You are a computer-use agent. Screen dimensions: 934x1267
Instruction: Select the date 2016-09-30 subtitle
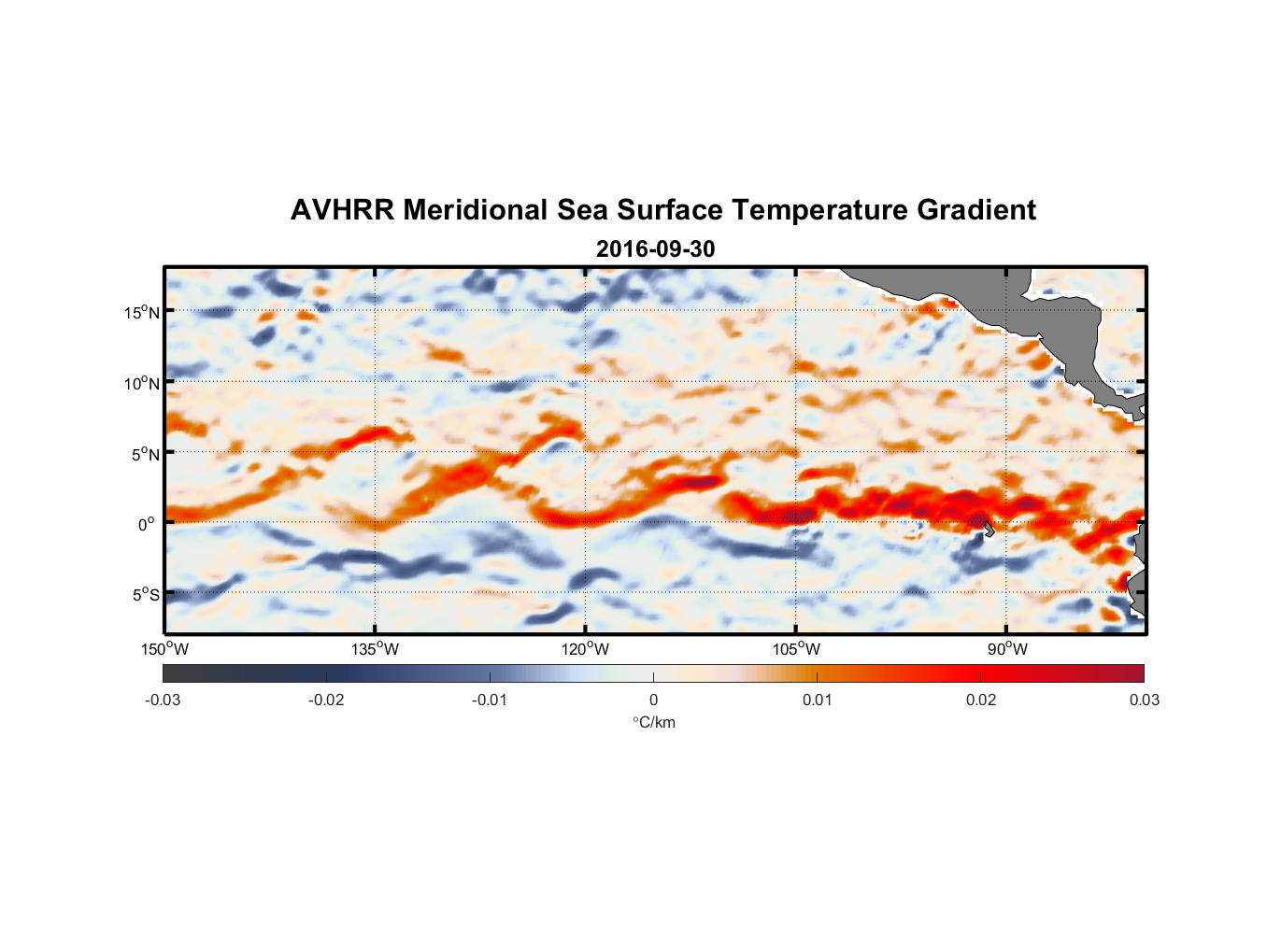click(655, 249)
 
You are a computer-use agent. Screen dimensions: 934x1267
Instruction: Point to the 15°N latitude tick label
click(141, 312)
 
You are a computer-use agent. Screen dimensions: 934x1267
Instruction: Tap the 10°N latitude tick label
click(141, 383)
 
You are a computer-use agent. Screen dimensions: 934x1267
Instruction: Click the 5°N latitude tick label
click(145, 454)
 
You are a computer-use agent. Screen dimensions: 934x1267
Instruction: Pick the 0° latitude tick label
click(147, 524)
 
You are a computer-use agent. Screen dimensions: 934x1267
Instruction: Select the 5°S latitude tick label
click(145, 594)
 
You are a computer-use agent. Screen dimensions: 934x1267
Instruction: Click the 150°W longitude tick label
click(164, 649)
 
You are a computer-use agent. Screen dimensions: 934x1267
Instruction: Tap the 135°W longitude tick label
click(376, 649)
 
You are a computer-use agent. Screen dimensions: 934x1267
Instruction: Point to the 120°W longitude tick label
click(586, 649)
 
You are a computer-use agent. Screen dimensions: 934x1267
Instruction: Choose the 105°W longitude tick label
click(796, 649)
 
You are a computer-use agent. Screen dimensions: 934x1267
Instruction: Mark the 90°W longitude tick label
click(1007, 649)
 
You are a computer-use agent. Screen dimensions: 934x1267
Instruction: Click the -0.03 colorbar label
click(163, 700)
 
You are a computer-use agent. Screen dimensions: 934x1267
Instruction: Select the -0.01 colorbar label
click(490, 700)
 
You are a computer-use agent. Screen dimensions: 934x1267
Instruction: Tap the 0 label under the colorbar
click(653, 700)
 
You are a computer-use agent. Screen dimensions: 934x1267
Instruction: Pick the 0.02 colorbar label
click(981, 700)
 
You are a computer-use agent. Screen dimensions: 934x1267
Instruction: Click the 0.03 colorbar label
click(1144, 700)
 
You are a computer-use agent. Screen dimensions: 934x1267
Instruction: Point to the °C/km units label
click(654, 722)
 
